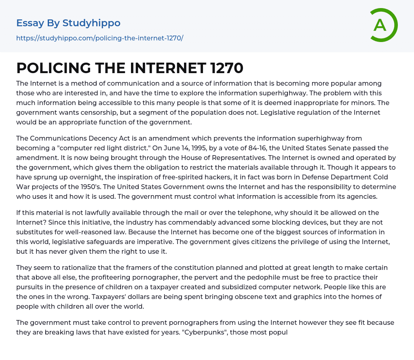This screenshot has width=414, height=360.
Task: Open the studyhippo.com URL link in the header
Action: pos(100,38)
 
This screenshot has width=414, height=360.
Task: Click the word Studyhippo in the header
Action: pos(91,23)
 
